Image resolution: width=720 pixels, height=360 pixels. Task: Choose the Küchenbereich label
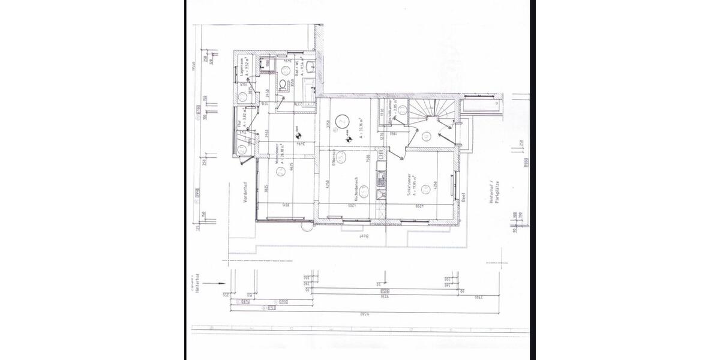click(356, 189)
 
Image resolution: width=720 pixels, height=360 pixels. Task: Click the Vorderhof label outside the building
click(245, 196)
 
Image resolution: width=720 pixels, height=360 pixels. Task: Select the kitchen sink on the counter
click(379, 178)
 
